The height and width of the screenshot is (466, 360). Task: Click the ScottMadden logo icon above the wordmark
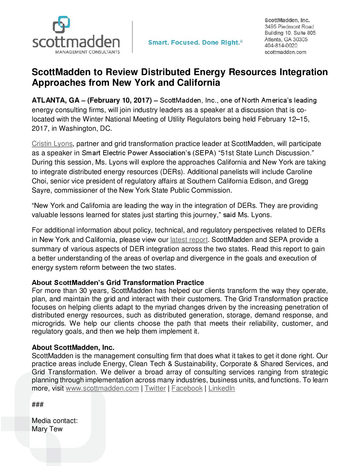pos(62,24)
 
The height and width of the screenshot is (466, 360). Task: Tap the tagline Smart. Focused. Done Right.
pos(195,42)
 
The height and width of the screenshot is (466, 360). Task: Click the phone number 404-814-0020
pos(281,46)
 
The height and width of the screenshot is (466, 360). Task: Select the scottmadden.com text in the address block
pos(285,52)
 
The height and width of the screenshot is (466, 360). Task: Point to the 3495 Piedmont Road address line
pos(289,26)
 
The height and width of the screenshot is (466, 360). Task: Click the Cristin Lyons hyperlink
pos(52,144)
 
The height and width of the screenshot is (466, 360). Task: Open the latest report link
pos(189,240)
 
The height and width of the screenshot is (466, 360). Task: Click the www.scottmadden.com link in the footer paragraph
pos(102,388)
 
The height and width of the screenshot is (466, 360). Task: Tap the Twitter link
pos(155,388)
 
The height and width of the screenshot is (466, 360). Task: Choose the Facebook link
pos(187,388)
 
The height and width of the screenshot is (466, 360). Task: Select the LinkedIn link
pos(222,388)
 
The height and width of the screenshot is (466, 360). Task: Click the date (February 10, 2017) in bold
pos(119,100)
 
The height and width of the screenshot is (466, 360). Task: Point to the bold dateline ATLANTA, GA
pos(56,100)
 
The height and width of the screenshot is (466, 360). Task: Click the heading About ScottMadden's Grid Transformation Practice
pos(118,283)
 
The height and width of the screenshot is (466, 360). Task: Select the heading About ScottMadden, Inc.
pos(73,348)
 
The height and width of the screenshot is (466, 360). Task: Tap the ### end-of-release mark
pos(38,404)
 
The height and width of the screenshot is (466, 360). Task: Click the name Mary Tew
pos(47,429)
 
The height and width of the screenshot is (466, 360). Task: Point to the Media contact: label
pos(55,421)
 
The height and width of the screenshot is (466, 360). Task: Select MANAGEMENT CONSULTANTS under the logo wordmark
pos(87,52)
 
